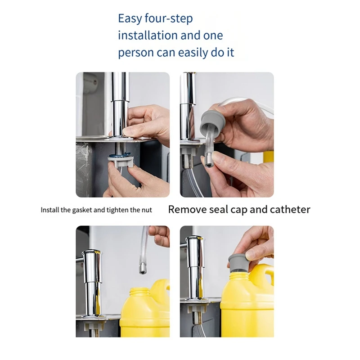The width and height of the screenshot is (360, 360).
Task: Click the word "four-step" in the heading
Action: (x=169, y=18)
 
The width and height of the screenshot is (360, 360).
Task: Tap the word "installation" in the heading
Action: (x=148, y=36)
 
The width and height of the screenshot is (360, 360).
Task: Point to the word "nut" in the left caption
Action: (x=147, y=210)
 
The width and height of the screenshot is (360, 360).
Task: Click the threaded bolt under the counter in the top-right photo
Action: (x=188, y=161)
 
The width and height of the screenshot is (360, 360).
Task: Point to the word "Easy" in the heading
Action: (x=130, y=18)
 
